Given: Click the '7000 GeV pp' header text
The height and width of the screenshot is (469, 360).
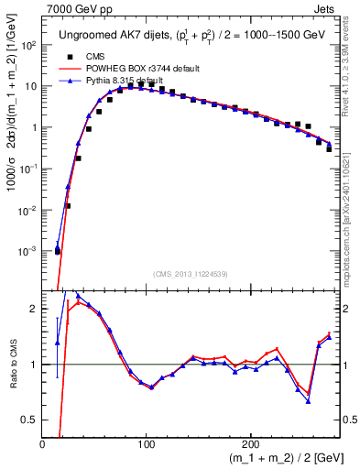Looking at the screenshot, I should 75,7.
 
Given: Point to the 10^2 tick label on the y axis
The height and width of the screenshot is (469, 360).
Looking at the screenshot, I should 29,45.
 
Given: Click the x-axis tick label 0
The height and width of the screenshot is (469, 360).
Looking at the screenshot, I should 43,444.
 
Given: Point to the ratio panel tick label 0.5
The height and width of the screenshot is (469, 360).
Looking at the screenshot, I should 30,420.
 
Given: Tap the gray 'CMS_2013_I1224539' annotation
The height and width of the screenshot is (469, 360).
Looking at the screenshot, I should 191,273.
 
